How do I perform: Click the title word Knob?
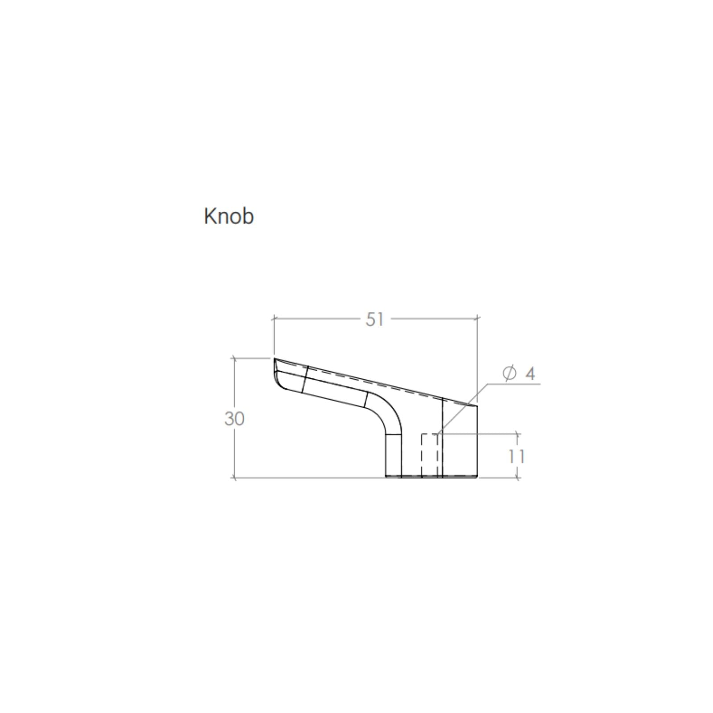coord(229,216)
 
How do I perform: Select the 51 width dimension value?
coord(374,319)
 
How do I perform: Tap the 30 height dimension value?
coord(234,419)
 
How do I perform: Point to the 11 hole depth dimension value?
coord(516,456)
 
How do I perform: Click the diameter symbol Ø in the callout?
coord(509,373)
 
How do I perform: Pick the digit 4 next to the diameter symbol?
coord(530,373)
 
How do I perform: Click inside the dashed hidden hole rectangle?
coord(430,455)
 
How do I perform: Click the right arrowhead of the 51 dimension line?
coord(477,318)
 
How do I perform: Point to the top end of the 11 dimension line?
coord(517,433)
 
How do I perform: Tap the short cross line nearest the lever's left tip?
coord(305,379)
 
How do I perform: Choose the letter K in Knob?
coord(209,216)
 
